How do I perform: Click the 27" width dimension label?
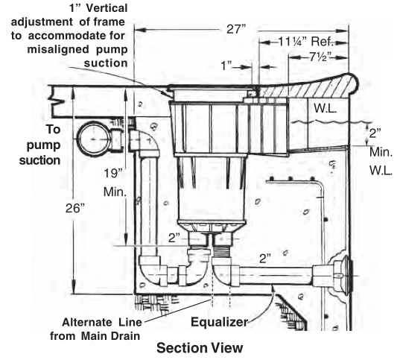236,29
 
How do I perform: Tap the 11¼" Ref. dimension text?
305,42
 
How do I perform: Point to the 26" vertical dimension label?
75,209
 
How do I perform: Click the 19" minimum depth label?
115,183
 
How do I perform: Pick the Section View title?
200,348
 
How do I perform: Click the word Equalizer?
220,322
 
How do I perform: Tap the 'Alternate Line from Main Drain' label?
95,329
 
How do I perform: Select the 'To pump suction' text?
40,145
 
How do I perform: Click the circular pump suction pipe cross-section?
94,139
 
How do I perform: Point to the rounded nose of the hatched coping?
354,83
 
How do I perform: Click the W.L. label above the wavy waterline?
326,108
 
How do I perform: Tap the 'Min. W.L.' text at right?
381,162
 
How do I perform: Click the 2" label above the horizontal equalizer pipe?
264,259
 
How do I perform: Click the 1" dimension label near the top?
226,66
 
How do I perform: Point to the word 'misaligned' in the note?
58,49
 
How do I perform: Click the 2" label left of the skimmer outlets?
174,238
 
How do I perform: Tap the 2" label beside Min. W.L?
375,133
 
